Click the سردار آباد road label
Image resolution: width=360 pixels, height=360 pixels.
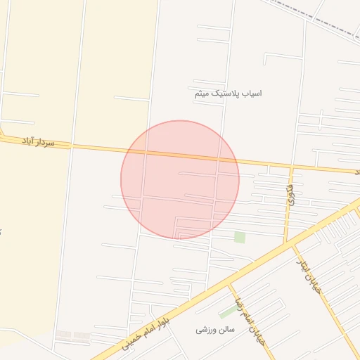coord(38,142)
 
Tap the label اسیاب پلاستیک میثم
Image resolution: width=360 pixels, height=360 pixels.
coord(228,93)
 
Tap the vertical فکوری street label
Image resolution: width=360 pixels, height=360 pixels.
coord(289,195)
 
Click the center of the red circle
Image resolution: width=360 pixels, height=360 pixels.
coord(180,180)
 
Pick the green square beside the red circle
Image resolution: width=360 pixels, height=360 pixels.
coord(240,238)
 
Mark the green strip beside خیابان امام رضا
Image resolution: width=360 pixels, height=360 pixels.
coord(228,311)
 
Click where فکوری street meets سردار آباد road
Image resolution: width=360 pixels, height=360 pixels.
coord(290,167)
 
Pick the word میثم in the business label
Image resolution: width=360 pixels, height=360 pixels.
coord(202,93)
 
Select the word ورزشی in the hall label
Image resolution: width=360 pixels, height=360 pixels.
coord(204,329)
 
